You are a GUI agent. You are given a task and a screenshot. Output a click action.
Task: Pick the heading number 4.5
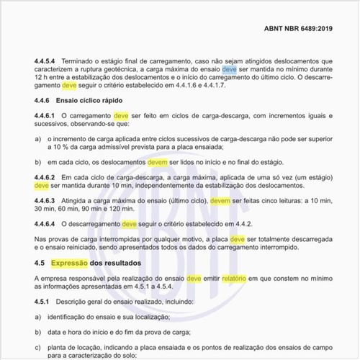coord(40,264)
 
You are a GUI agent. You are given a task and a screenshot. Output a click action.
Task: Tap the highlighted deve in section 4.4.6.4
coord(129,223)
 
